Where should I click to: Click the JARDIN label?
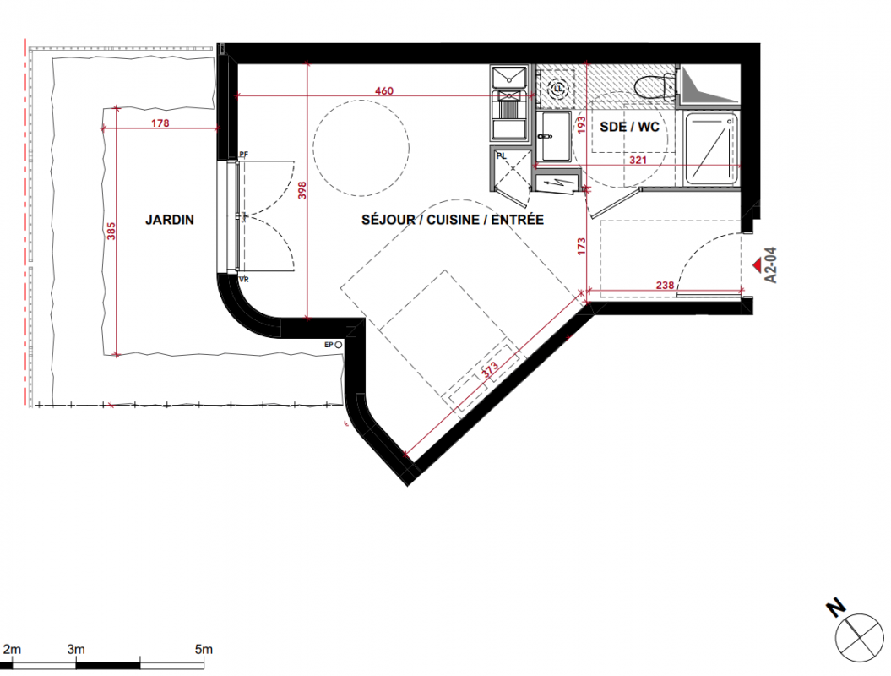click(170, 220)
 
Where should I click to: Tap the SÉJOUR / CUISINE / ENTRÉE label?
click(453, 220)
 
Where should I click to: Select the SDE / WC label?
click(629, 127)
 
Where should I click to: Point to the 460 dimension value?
click(384, 91)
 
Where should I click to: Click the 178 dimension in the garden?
click(160, 123)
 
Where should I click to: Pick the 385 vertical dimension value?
click(111, 231)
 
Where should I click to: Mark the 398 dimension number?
click(302, 190)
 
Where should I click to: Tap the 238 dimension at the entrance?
click(665, 286)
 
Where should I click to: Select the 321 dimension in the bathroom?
click(638, 161)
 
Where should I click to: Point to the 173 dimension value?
click(581, 246)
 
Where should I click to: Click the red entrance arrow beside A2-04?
click(758, 264)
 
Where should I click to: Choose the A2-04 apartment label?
click(771, 265)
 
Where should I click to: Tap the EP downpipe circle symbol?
click(339, 345)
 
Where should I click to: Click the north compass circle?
click(859, 637)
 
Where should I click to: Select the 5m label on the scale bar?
click(204, 649)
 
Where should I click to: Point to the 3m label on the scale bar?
click(76, 649)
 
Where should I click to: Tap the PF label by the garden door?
click(244, 155)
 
